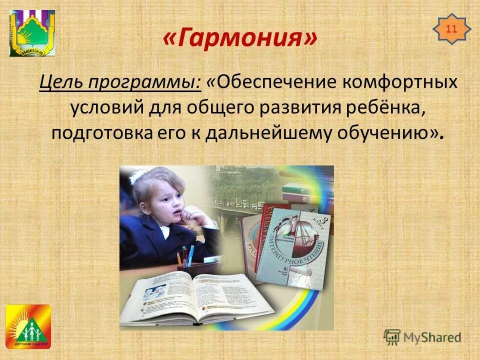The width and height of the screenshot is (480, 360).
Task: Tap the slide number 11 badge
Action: click(x=451, y=29)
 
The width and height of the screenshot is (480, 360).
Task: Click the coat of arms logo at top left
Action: click(x=32, y=32)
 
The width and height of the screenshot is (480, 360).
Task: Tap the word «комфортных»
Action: click(x=399, y=82)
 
